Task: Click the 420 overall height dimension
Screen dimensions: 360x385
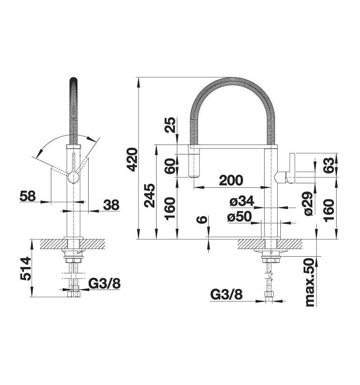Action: tap(133, 159)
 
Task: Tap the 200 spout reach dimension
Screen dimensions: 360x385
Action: tap(231, 180)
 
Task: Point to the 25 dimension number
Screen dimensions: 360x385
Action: tap(171, 125)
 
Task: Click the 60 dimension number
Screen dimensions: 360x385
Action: tap(170, 166)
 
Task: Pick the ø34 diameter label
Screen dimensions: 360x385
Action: tap(242, 202)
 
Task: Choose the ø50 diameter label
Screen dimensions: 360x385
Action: tap(239, 217)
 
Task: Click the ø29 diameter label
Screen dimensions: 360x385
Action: tap(309, 204)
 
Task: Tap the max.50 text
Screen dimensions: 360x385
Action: tap(310, 282)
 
